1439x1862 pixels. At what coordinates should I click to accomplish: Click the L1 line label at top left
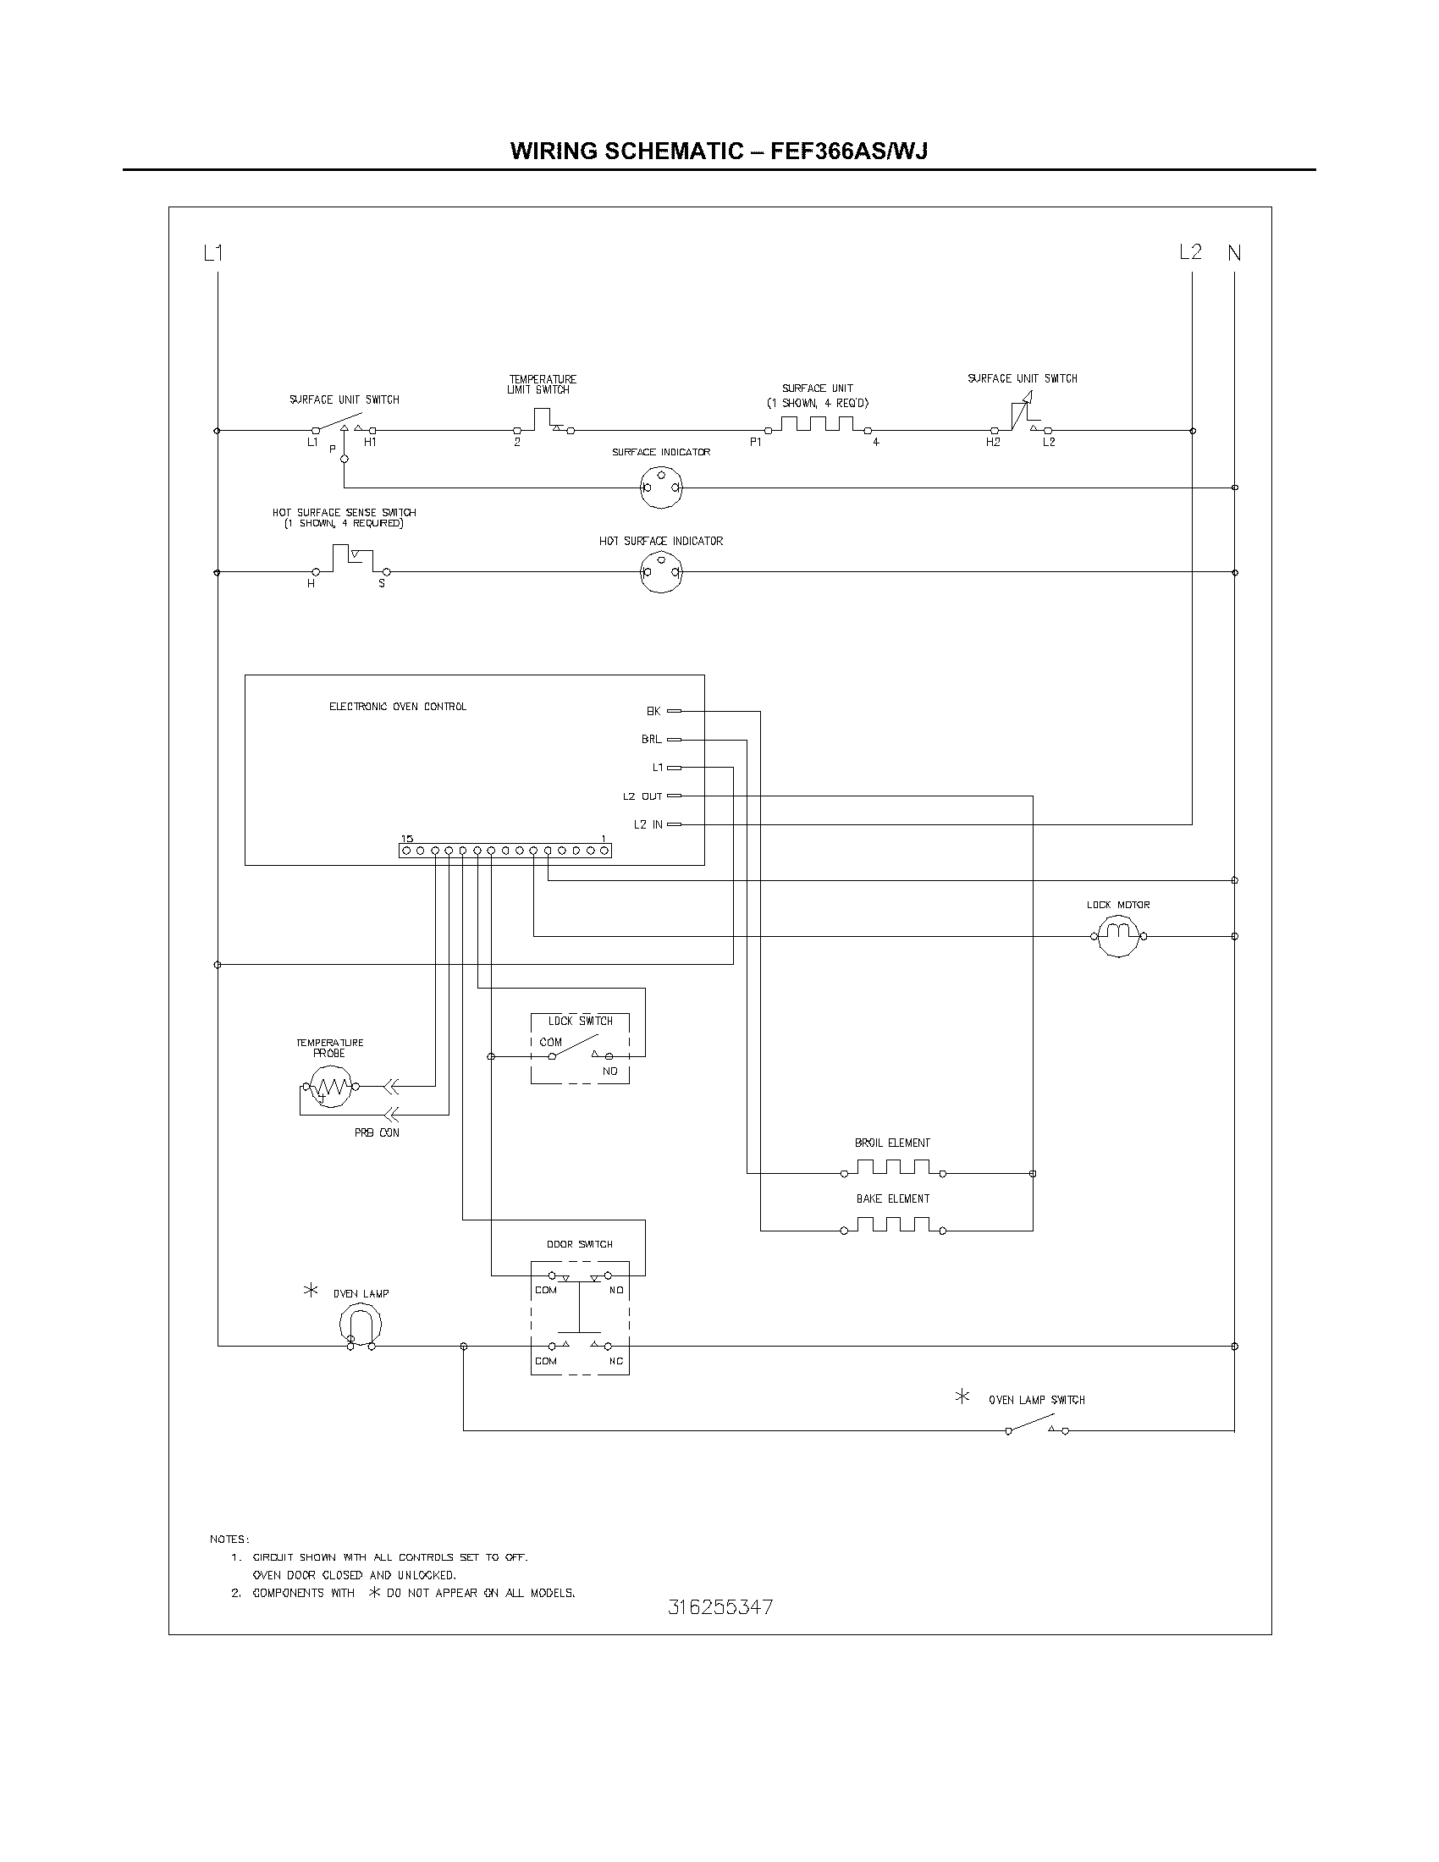[x=213, y=253]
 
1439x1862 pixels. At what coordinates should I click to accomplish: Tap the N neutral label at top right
[x=1233, y=253]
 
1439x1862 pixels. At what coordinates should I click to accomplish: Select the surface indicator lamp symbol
[x=662, y=488]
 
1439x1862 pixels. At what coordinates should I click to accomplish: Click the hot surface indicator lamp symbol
[x=662, y=572]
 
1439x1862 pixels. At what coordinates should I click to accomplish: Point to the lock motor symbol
[x=1117, y=935]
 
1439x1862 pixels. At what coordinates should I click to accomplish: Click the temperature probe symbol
[x=330, y=1087]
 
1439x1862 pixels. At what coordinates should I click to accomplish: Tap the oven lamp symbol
[x=360, y=1326]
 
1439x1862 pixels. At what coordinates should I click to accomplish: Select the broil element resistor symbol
[x=892, y=1168]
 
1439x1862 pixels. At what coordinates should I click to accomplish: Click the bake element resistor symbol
[x=892, y=1226]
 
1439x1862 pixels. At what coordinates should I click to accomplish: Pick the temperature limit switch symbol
[x=543, y=421]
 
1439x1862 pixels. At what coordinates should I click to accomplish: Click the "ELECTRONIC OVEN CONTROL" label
[x=397, y=707]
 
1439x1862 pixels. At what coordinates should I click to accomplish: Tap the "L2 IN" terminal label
[x=648, y=824]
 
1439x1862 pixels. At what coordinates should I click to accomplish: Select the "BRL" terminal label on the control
[x=651, y=739]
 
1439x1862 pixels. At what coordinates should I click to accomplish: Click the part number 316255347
[x=720, y=1608]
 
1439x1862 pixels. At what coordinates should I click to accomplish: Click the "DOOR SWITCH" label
[x=580, y=1245]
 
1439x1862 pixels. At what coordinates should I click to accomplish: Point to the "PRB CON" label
[x=377, y=1133]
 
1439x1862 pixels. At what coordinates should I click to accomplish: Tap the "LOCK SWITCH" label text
[x=580, y=1022]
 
